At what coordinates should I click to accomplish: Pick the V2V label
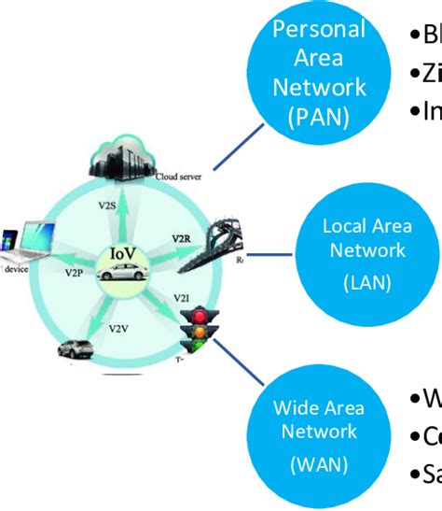[x=119, y=328]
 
